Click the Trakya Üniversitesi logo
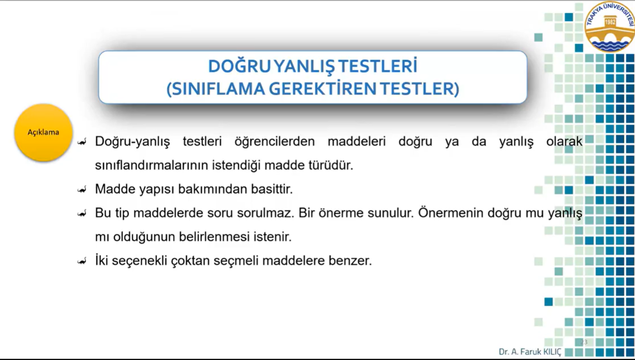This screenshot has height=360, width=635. (x=610, y=26)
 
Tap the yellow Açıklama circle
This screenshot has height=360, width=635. (x=43, y=132)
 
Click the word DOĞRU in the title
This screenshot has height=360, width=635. (x=240, y=66)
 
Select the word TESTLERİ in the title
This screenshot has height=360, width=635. (x=378, y=66)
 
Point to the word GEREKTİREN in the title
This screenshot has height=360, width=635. (x=322, y=89)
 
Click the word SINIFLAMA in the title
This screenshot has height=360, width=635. (x=216, y=89)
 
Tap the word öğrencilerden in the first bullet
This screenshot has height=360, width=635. (x=274, y=141)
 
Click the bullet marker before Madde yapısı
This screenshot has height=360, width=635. (x=82, y=190)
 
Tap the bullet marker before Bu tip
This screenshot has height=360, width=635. (x=82, y=214)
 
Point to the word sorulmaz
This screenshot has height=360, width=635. (x=265, y=213)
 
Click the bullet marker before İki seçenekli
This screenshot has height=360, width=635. (x=82, y=261)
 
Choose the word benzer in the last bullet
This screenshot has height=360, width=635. (x=350, y=260)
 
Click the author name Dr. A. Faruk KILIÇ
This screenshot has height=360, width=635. (x=530, y=352)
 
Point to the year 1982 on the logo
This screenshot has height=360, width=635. (x=610, y=22)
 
